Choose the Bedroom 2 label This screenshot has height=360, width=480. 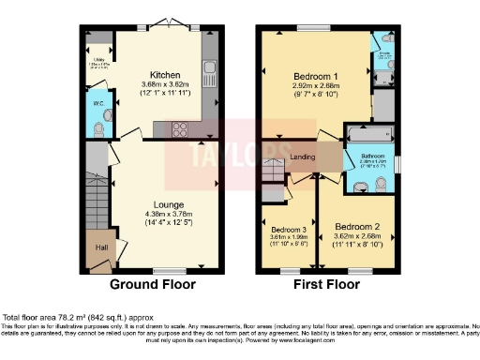pos(357,227)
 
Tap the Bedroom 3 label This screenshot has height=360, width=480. pos(289,229)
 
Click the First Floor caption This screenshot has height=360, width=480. pos(327,284)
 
